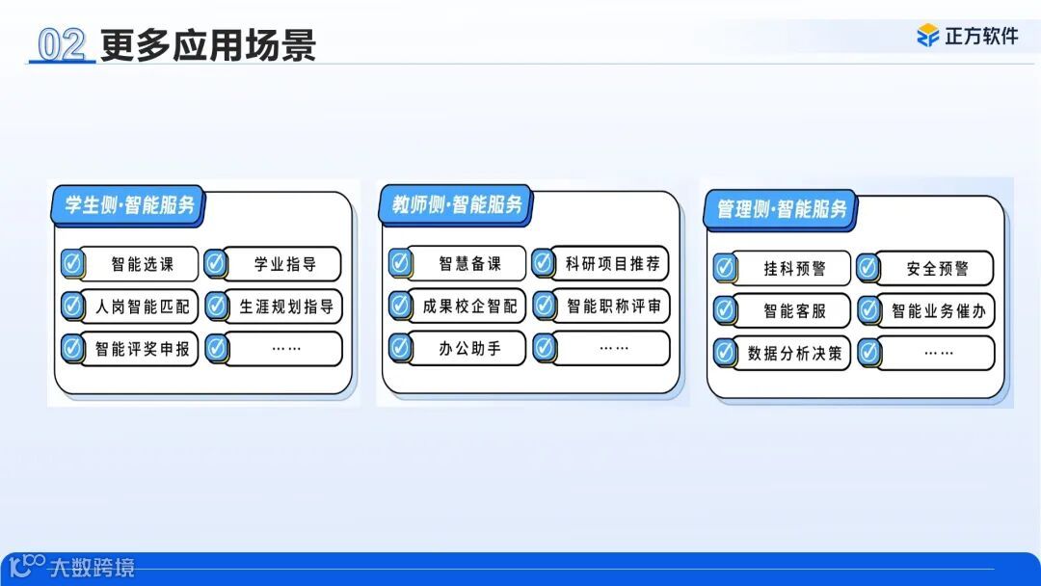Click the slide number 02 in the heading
(x=62, y=45)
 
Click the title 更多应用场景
(x=208, y=45)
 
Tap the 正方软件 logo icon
(x=927, y=36)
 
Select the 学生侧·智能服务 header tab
(x=129, y=205)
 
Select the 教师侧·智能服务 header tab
(x=457, y=205)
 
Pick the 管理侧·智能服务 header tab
(x=782, y=209)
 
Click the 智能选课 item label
(x=143, y=264)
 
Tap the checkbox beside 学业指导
(x=216, y=264)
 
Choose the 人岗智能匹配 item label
(x=143, y=307)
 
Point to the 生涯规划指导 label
(x=286, y=307)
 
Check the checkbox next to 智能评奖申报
(x=72, y=349)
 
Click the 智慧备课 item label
(x=469, y=264)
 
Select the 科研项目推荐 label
(x=612, y=263)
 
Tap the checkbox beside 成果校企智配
(x=400, y=306)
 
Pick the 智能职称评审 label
(x=613, y=306)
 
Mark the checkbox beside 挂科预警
(x=725, y=268)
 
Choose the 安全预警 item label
(x=937, y=269)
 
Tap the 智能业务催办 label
(x=937, y=311)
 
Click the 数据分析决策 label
(x=794, y=354)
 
